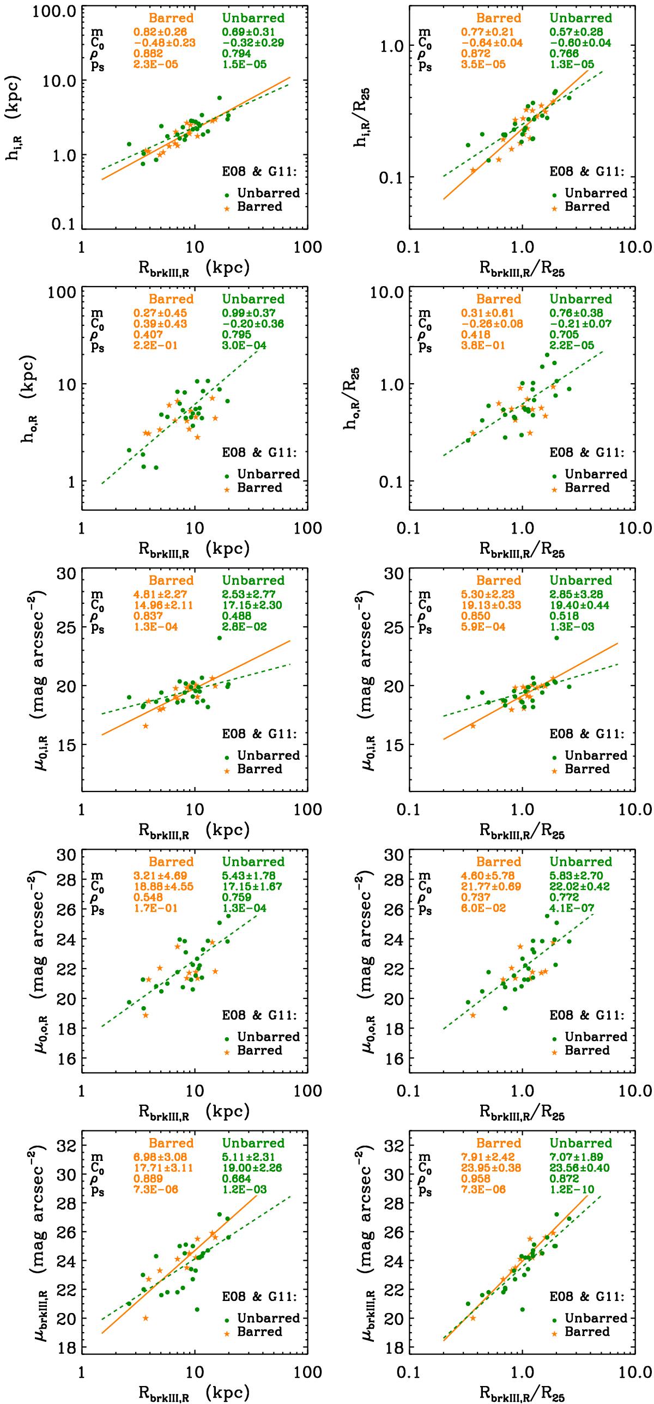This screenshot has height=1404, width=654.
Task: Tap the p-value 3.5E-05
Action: [x=482, y=64]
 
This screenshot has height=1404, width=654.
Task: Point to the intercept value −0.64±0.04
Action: [x=491, y=43]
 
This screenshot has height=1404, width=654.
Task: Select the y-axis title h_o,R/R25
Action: [x=351, y=398]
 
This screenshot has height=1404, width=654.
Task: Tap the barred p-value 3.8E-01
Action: [x=482, y=345]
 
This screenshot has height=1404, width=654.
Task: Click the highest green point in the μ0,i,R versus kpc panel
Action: [x=220, y=638]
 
